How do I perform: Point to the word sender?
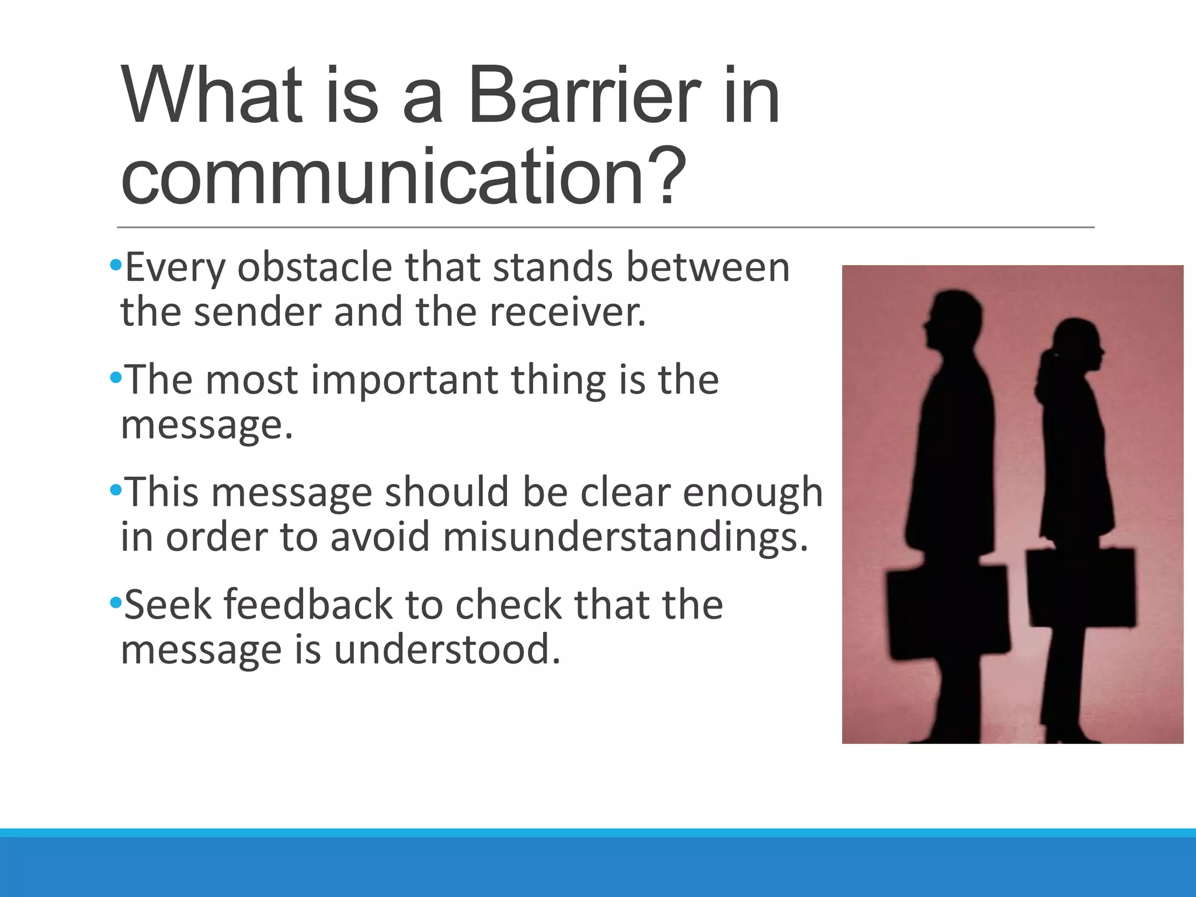coord(258,312)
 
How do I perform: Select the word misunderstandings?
coord(625,537)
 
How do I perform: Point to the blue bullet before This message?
coord(115,489)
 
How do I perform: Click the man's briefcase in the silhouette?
coord(946,610)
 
